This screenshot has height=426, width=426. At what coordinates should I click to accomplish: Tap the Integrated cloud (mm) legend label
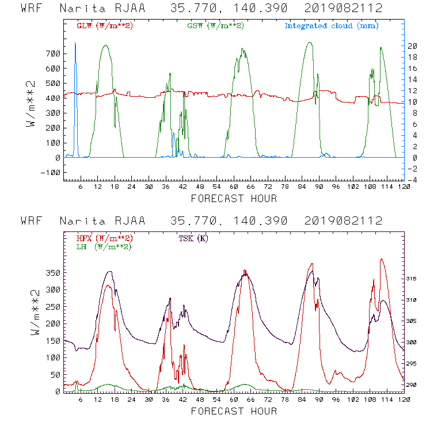[x=332, y=26]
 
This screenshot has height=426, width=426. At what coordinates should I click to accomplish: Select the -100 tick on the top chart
[x=50, y=172]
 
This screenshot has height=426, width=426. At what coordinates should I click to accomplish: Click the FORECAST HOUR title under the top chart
[x=233, y=199]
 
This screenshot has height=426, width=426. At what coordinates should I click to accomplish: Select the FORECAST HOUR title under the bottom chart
[x=233, y=411]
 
